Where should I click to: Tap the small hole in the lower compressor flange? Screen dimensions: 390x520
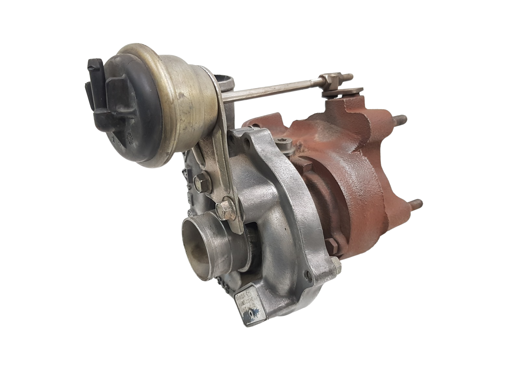(307, 274)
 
